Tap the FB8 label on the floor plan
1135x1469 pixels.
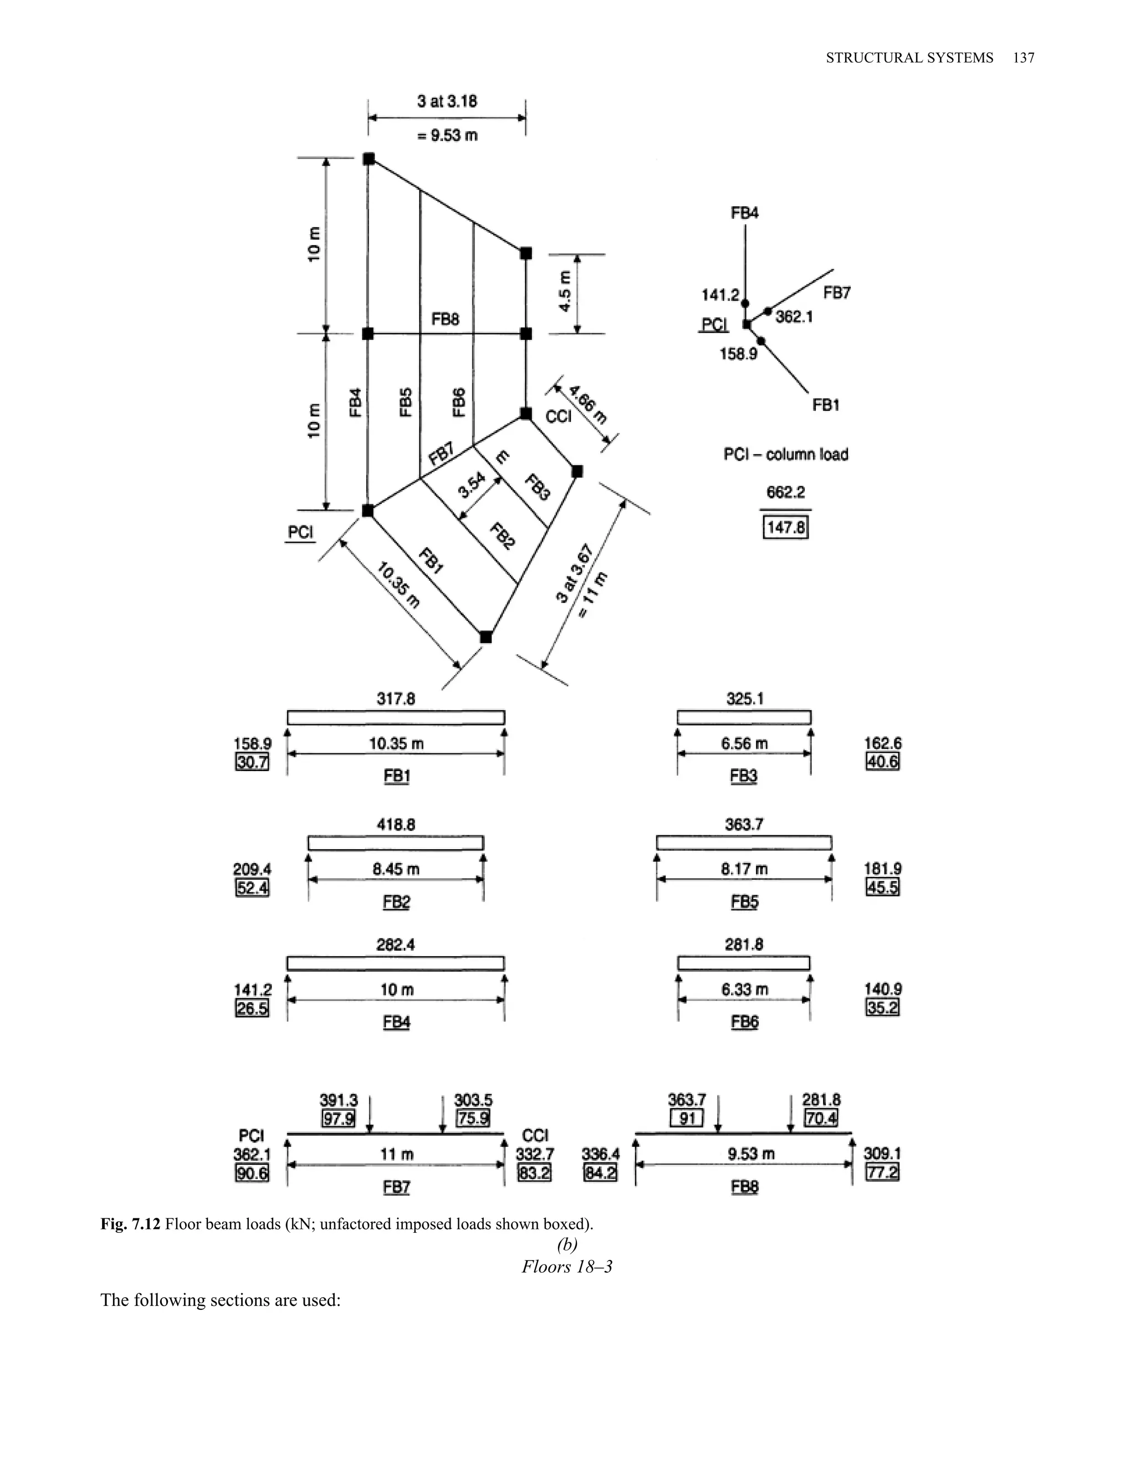click(x=445, y=319)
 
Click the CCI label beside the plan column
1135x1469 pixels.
click(x=558, y=416)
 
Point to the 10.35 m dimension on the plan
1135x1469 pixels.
click(x=398, y=586)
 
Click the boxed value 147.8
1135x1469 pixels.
click(x=785, y=527)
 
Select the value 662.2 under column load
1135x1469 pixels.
click(x=785, y=492)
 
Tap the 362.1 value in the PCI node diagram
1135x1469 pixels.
click(x=794, y=316)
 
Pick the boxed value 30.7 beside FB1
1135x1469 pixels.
click(x=252, y=762)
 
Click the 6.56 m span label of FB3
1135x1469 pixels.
click(x=744, y=743)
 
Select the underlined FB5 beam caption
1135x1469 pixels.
click(x=744, y=902)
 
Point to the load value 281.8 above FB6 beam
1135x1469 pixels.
click(x=744, y=945)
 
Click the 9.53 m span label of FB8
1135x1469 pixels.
click(x=751, y=1154)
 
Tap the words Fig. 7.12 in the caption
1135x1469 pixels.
click(x=130, y=1223)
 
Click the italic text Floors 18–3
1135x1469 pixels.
click(x=567, y=1267)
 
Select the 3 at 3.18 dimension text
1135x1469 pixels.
click(x=447, y=101)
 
